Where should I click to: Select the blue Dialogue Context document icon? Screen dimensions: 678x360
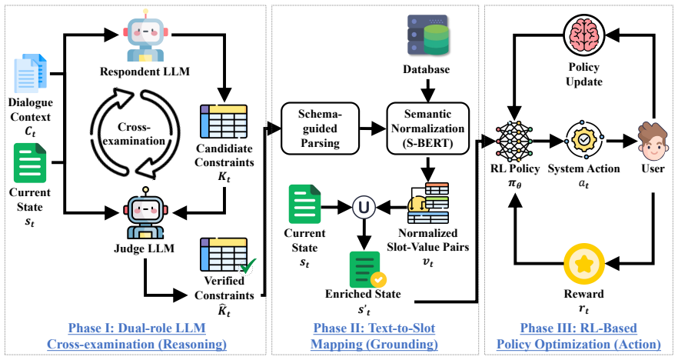click(x=30, y=74)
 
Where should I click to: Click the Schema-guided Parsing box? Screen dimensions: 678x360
click(x=320, y=128)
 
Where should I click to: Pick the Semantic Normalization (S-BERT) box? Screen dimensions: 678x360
click(x=427, y=128)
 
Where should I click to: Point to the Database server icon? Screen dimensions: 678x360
click(x=428, y=35)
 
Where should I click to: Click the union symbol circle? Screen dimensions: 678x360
click(x=364, y=208)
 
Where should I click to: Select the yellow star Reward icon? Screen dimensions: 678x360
click(x=583, y=264)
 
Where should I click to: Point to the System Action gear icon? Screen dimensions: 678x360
click(x=583, y=140)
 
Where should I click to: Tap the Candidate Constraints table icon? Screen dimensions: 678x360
click(x=224, y=122)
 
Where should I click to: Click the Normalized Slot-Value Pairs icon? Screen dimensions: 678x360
click(x=428, y=203)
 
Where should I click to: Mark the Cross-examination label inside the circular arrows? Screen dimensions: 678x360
click(x=134, y=134)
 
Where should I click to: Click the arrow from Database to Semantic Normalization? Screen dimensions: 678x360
click(x=427, y=90)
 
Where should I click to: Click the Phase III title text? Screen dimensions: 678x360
click(x=579, y=336)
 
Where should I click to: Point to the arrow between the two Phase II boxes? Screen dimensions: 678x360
click(x=373, y=128)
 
